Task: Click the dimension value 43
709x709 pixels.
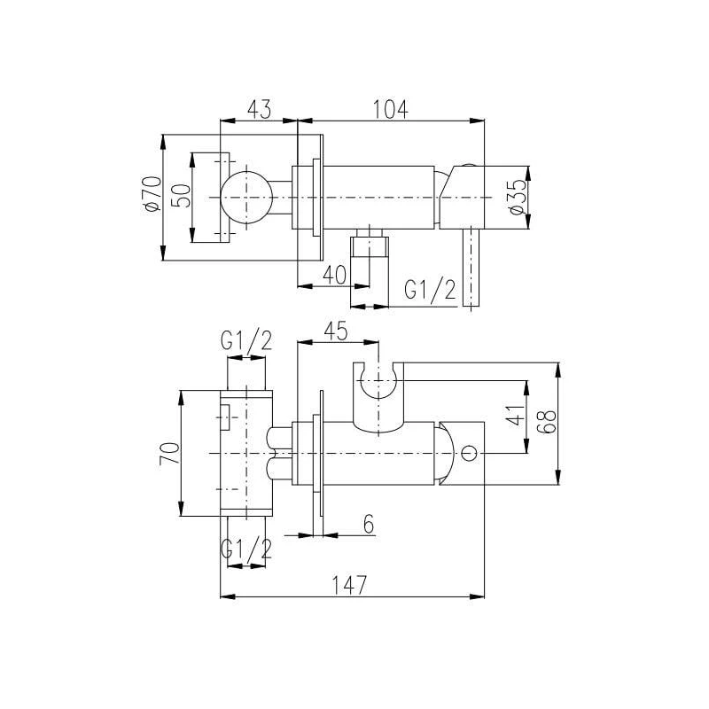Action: pos(258,109)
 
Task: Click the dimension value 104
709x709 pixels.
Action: pos(391,109)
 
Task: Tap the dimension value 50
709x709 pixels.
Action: pos(181,195)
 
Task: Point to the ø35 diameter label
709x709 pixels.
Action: pos(518,196)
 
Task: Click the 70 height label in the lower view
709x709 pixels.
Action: pos(168,453)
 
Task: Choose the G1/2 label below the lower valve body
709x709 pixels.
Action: pos(246,550)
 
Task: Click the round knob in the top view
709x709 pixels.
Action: pos(247,196)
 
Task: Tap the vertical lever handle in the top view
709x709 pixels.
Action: pos(471,266)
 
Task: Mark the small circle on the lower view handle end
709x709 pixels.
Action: pos(469,454)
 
